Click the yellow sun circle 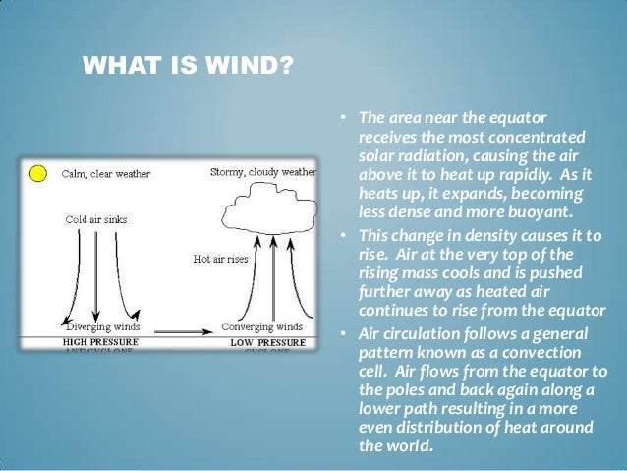[37, 175]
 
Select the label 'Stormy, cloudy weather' [263, 172]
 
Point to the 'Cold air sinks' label [96, 219]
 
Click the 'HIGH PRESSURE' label [102, 341]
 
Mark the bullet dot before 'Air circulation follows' [345, 334]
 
